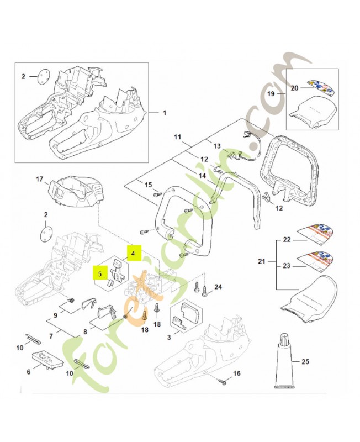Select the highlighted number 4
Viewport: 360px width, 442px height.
point(133,253)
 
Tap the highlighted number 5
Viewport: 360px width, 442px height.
point(100,272)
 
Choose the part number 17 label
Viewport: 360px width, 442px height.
point(39,180)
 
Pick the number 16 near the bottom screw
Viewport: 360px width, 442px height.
point(237,373)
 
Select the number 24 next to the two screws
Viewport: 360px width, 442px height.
point(218,287)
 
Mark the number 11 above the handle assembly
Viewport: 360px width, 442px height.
point(177,136)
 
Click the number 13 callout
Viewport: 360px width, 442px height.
point(217,146)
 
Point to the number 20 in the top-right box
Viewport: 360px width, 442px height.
point(294,87)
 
